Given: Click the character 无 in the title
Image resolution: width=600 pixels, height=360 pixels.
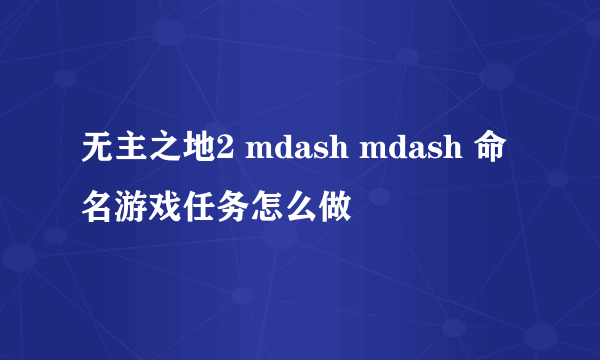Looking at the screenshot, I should coord(98,152).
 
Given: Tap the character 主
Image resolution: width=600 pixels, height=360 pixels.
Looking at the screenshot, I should coord(132,152).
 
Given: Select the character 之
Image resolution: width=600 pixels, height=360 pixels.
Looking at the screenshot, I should coord(166,152).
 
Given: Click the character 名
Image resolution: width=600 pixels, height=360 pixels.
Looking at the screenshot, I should coord(98,209).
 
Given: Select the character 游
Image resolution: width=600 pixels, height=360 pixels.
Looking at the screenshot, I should coord(132,209).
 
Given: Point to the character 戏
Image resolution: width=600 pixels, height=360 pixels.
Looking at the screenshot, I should coord(166,209).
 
